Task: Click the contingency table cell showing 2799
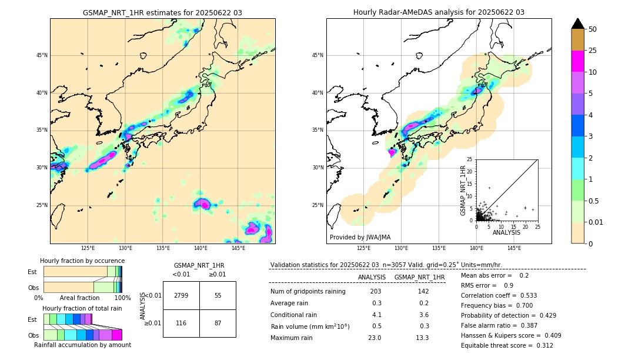coord(181,295)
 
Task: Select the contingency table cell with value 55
coord(218,295)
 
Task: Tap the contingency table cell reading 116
coord(181,324)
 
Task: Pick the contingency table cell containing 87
coord(218,324)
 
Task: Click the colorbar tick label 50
coord(593,29)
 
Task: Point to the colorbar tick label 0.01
coord(595,222)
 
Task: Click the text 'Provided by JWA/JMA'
coord(360,238)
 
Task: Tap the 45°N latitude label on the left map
coord(42,55)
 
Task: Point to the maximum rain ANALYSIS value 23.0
coord(375,338)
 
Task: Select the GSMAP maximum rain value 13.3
coord(423,338)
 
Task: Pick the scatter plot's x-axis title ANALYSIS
coord(506,232)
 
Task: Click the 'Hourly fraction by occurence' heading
coord(82,261)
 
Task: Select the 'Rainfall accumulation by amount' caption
coord(82,345)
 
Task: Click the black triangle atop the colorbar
coord(578,24)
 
